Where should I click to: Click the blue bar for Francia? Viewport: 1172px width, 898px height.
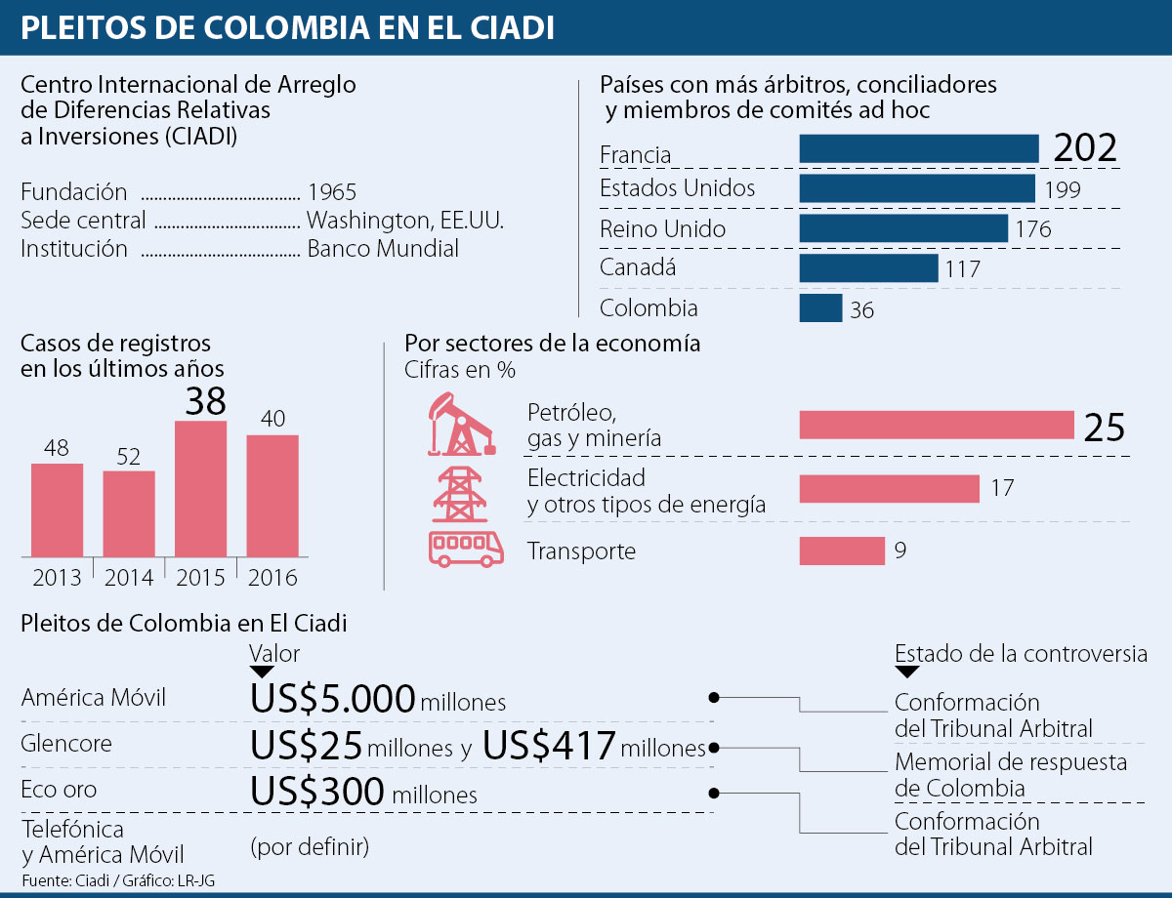tap(918, 148)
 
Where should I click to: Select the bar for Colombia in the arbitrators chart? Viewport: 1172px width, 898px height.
tap(820, 307)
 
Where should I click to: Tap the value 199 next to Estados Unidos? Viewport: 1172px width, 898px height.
tap(1062, 190)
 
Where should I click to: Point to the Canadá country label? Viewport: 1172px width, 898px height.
tap(638, 267)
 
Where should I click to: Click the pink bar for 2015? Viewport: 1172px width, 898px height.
tap(200, 488)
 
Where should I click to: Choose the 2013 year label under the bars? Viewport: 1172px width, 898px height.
tap(57, 577)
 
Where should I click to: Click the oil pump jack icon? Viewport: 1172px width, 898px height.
tap(454, 425)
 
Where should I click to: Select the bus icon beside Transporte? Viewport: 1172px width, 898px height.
tap(466, 550)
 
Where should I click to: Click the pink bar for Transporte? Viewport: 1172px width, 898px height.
tap(841, 551)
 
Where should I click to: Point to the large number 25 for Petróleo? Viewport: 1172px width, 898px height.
tap(1104, 428)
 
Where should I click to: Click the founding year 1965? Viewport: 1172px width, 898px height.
tap(331, 192)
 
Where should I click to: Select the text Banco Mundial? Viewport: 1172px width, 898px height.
tap(383, 249)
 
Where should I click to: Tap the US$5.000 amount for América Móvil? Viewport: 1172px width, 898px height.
tap(333, 699)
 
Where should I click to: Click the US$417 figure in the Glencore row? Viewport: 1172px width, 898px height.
tap(549, 746)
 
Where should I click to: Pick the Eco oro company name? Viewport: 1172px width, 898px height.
tap(59, 789)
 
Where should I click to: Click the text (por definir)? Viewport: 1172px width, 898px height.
tap(310, 845)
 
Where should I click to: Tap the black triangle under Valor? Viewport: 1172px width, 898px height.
tap(263, 672)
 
